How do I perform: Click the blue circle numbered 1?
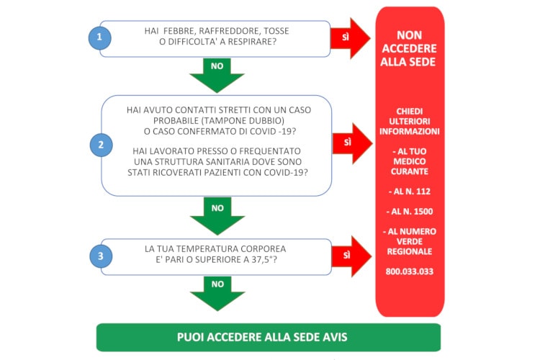[100, 37]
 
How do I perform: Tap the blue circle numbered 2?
[102, 145]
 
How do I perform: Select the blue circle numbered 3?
[101, 256]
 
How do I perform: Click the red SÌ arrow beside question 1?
[350, 38]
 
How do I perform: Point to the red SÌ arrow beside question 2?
[352, 143]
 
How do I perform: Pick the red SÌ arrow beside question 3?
[351, 256]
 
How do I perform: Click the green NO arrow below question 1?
[217, 76]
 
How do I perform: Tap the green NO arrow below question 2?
[217, 216]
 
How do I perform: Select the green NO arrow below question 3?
[217, 294]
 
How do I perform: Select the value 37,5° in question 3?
[262, 259]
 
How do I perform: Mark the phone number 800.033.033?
[409, 271]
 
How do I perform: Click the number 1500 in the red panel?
[423, 212]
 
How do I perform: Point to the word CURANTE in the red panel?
[409, 171]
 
